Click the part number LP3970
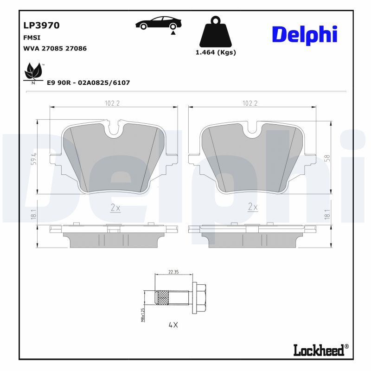coord(41,26)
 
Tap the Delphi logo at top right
coord(304,35)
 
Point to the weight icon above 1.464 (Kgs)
coord(214,33)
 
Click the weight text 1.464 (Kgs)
coord(216,52)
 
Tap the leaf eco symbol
coord(33,72)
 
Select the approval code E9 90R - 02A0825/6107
coord(88,83)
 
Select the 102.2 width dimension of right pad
coord(250,103)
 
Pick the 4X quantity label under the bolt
coord(173,325)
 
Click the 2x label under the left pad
coord(115,208)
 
